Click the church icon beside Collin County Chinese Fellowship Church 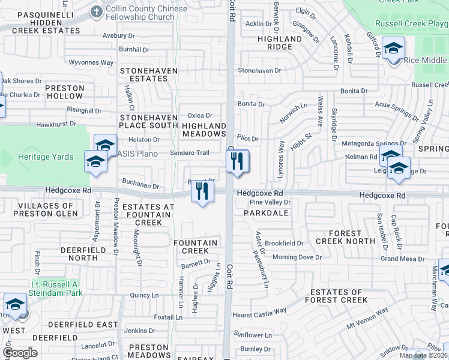[x=95, y=11]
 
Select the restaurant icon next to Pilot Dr [x=238, y=161]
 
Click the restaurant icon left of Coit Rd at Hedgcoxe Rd [x=202, y=191]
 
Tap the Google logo [x=20, y=352]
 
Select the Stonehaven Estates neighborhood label [x=149, y=74]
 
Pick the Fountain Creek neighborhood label [x=195, y=247]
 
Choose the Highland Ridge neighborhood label [x=279, y=43]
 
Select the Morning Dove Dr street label [x=298, y=257]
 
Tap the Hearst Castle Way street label [x=259, y=313]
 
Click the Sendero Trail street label [x=190, y=153]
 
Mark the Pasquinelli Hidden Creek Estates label [x=40, y=21]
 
